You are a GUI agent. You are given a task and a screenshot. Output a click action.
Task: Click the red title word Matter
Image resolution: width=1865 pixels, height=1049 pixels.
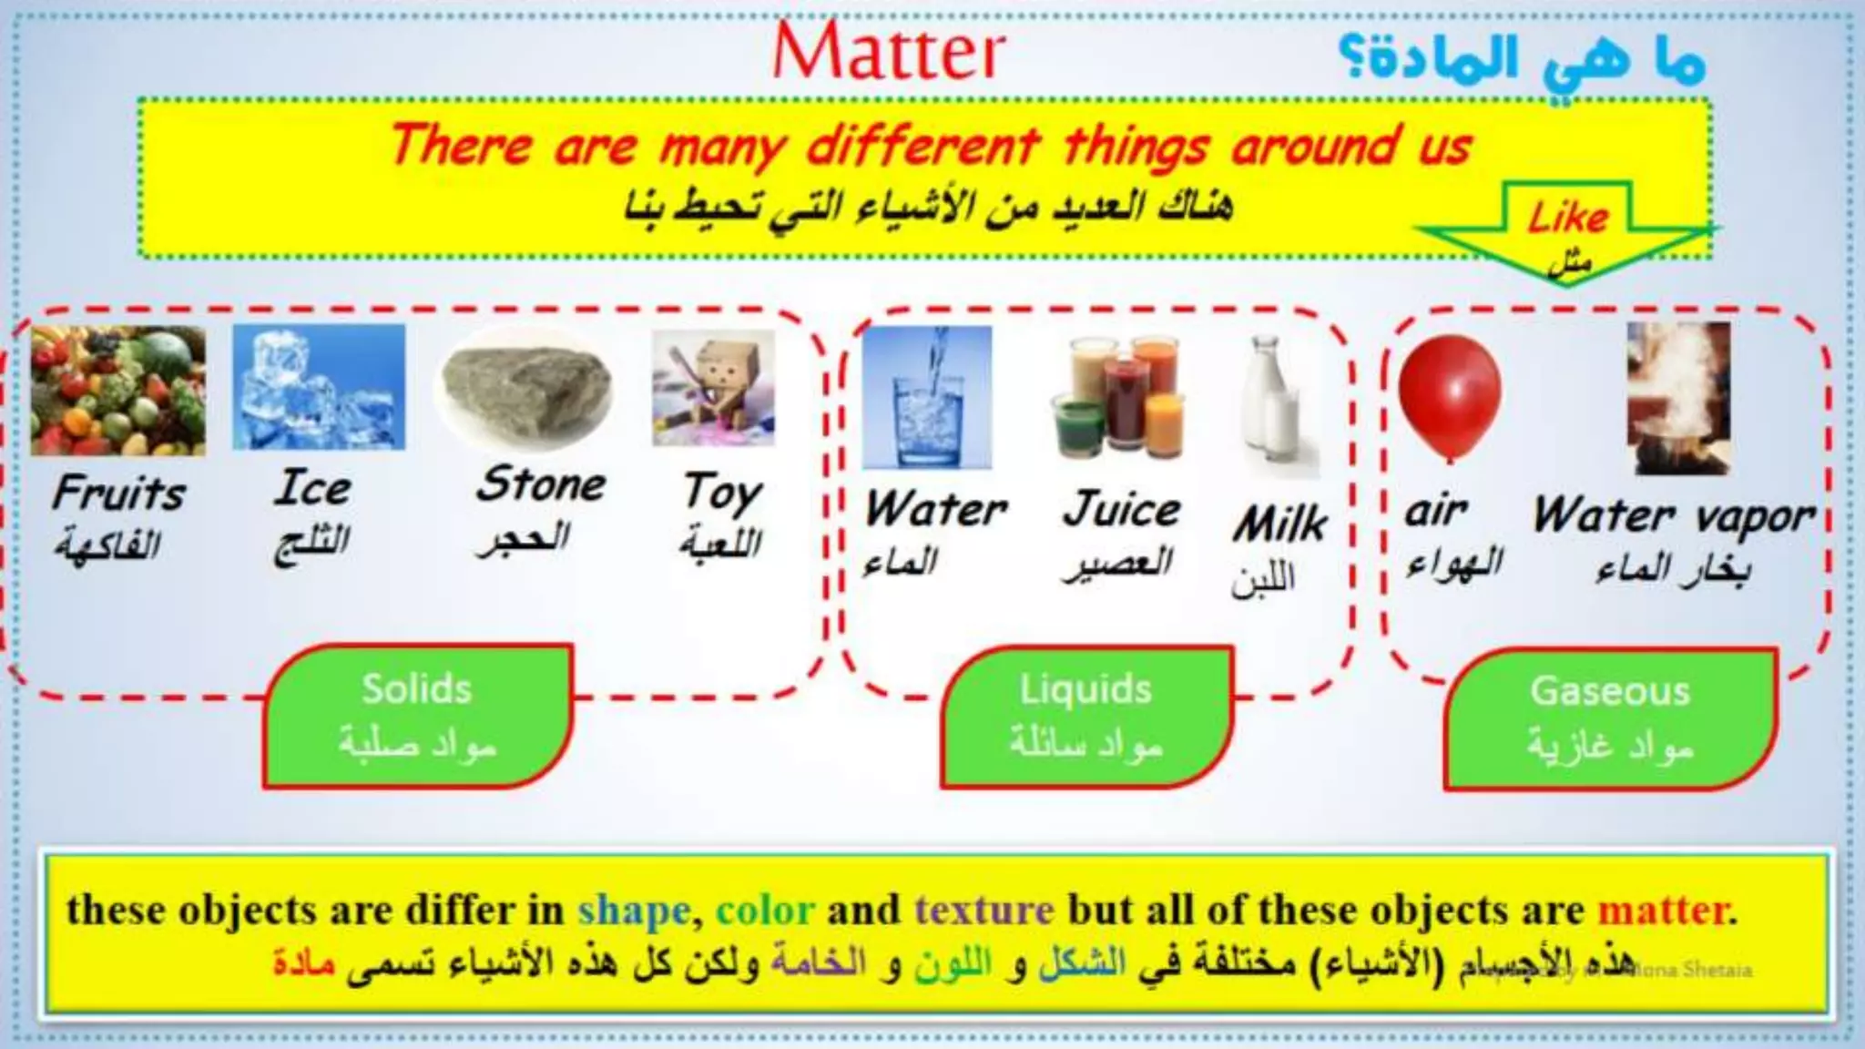889,52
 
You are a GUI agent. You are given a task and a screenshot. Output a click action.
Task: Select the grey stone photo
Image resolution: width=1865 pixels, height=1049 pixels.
525,389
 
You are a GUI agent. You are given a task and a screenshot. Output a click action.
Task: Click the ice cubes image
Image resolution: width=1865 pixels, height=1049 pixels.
319,387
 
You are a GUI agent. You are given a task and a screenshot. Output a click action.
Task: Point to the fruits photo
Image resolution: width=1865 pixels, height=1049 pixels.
118,391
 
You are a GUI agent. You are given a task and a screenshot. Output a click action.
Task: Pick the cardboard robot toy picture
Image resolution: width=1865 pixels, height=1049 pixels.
714,388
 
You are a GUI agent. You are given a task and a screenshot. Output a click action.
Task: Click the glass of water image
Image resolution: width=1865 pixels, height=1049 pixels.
927,398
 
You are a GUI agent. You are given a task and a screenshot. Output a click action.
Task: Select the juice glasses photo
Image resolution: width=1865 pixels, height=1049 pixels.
1121,397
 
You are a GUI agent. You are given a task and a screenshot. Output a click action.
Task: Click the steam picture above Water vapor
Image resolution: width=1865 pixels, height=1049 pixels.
1678,398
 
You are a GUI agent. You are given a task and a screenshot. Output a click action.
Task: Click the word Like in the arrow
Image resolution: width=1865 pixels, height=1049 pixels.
1568,218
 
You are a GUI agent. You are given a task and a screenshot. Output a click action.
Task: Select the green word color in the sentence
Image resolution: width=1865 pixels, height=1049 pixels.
765,910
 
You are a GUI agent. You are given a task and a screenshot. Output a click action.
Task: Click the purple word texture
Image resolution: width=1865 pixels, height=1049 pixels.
984,910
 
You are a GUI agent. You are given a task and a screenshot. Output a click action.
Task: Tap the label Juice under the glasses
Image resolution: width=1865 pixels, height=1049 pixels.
1121,508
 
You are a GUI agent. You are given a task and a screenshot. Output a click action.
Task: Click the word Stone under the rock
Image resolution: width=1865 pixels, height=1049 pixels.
541,484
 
